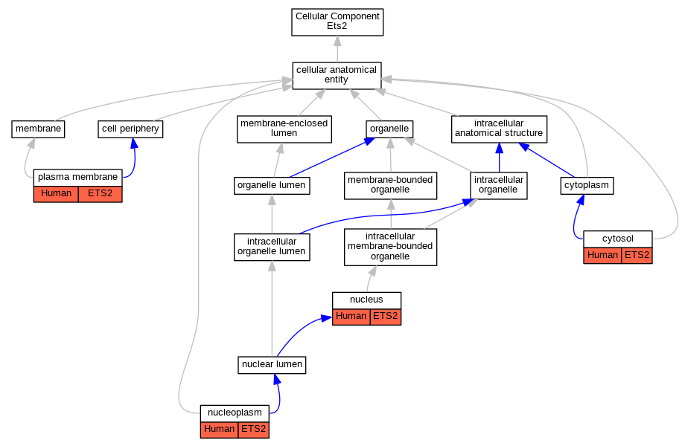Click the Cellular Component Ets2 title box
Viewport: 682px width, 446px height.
337,22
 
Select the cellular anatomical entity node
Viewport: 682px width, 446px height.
337,76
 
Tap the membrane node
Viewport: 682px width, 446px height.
38,129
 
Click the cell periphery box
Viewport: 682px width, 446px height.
130,129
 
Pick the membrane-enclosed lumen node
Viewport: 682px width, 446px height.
284,129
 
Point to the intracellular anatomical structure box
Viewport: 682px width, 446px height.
499,129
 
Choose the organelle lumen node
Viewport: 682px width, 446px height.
272,185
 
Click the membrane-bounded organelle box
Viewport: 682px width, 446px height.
390,185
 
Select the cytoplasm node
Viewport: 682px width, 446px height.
587,185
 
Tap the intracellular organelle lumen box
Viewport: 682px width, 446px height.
272,247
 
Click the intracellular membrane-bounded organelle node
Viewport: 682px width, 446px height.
390,247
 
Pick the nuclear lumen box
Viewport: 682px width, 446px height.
272,365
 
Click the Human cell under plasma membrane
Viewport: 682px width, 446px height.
56,194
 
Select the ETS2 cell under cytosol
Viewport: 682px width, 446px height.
637,256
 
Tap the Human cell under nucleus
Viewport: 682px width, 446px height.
351,317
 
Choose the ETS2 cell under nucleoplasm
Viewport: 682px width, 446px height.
254,430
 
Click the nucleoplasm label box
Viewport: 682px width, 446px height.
235,413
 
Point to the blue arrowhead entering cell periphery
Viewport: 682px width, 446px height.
134,143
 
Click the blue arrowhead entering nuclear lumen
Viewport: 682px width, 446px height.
276,378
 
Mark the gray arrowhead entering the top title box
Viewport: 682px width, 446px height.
337,41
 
